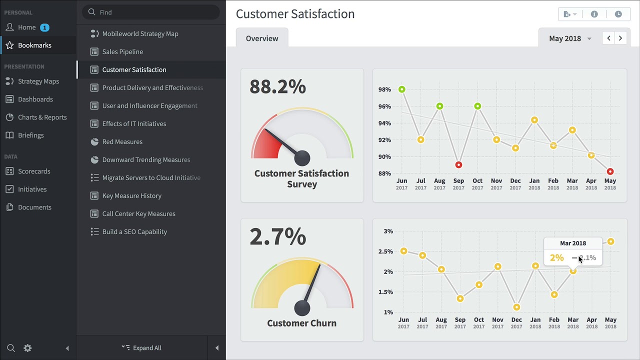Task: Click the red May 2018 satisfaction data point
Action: [610, 171]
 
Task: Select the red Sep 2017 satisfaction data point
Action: [458, 165]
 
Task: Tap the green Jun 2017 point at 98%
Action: [401, 89]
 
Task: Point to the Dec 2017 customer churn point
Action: [516, 307]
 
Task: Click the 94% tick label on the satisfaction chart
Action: [384, 123]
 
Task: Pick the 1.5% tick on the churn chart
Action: [385, 292]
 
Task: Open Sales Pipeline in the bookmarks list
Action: [122, 51]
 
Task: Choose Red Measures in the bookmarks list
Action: [122, 141]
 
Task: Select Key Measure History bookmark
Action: [131, 195]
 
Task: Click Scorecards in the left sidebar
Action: [34, 171]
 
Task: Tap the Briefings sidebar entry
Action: [31, 135]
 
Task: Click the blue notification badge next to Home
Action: [44, 27]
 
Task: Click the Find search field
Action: [151, 12]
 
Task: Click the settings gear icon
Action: [27, 348]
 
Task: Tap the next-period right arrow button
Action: [620, 38]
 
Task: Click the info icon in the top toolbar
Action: [594, 14]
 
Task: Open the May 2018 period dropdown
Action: [570, 38]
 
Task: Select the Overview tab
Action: [262, 38]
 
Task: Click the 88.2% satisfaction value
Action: [277, 86]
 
